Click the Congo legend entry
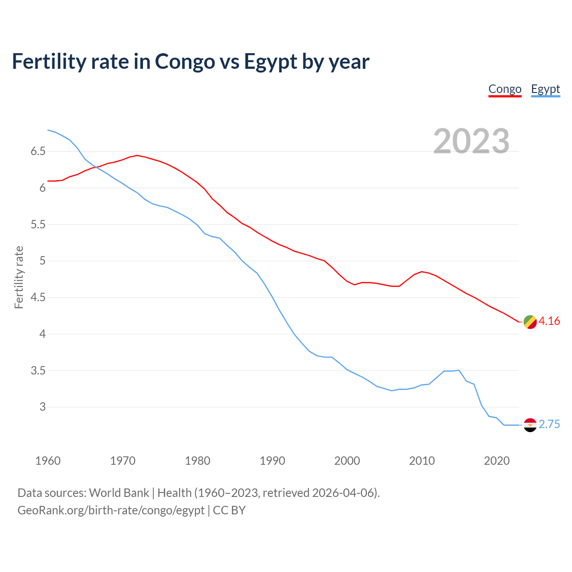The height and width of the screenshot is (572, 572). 505,89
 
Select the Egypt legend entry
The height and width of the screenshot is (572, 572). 545,89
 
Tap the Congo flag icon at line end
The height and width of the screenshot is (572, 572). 530,322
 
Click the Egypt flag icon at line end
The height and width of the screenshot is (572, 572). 530,425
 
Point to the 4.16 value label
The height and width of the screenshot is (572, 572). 549,321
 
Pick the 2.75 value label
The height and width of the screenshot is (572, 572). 549,425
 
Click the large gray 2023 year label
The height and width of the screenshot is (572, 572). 471,141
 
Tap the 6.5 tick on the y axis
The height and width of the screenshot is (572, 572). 38,151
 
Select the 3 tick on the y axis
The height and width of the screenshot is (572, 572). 42,407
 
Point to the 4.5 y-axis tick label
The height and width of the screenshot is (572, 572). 38,298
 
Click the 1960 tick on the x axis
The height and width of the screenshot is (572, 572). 48,461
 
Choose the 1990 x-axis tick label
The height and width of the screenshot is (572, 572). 272,461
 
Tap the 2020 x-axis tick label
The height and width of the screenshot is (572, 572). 496,461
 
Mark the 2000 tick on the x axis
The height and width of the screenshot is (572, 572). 347,461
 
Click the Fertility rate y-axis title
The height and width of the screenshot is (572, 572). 19,277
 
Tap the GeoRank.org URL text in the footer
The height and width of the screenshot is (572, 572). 111,510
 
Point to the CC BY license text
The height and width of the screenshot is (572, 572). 229,510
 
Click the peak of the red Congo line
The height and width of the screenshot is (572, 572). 137,156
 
